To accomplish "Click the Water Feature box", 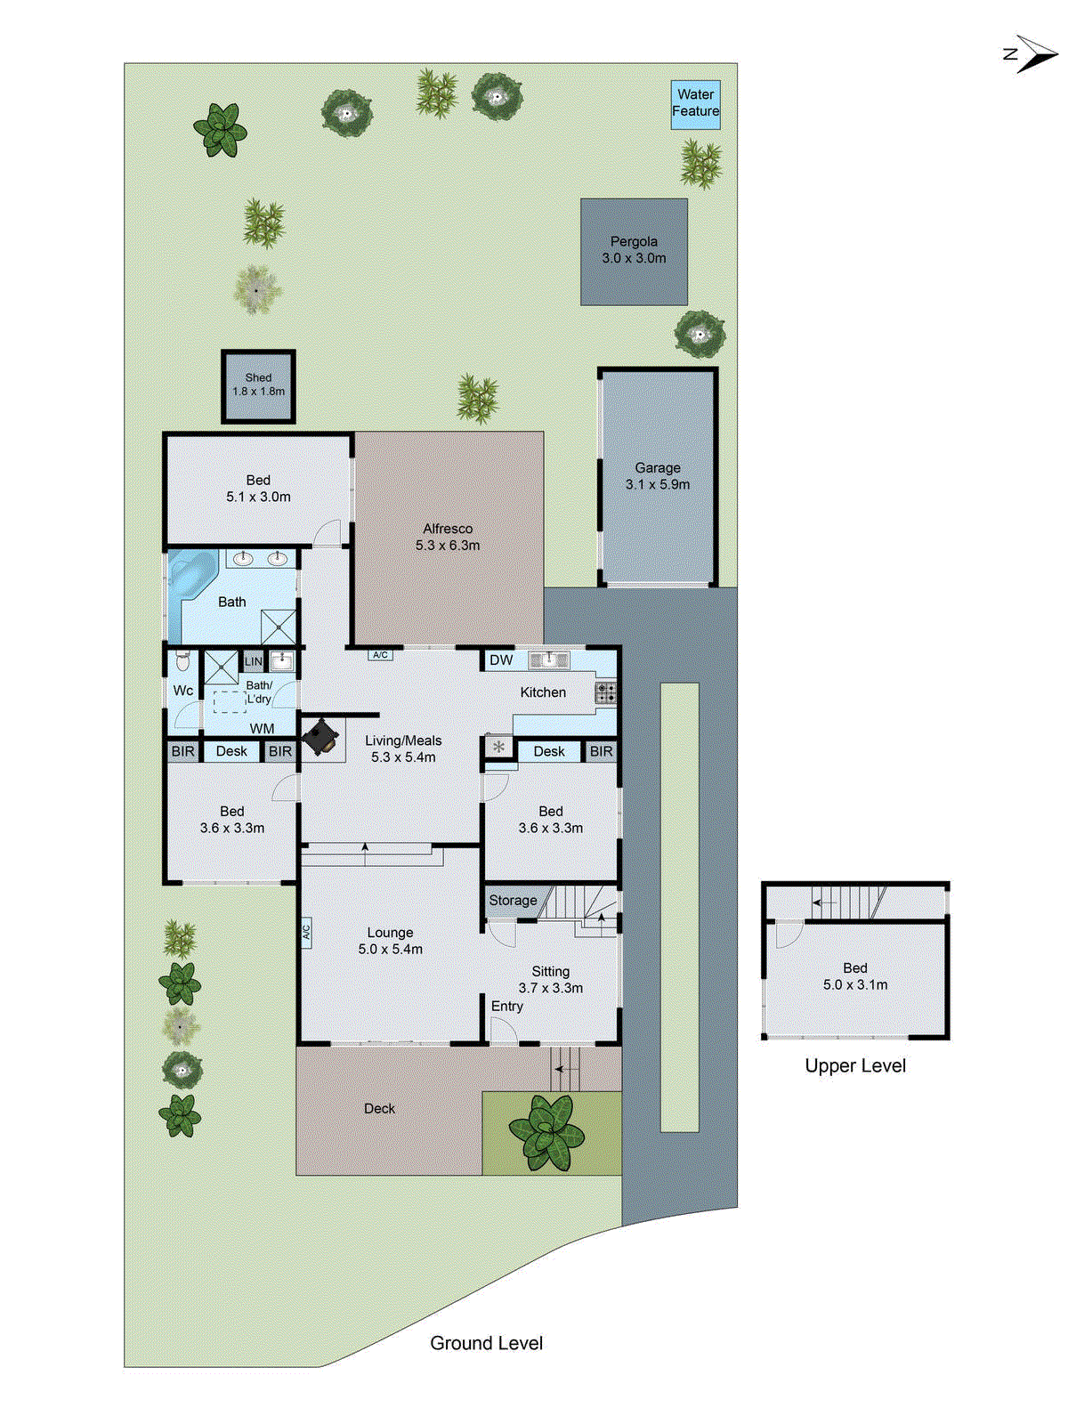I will pos(695,104).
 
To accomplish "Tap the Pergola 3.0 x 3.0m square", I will pos(634,251).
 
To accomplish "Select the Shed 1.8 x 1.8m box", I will pos(258,385).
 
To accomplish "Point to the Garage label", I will pos(658,468).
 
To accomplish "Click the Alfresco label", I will pos(448,529).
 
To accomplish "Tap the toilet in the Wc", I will pos(183,661).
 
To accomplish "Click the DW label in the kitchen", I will pos(501,660).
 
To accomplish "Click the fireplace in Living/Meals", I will pos(320,738).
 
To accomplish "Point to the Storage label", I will pos(513,901).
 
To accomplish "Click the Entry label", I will pos(507,1006).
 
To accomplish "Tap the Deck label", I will pos(379,1109).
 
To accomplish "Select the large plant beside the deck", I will pos(546,1130).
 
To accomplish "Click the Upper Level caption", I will pos(855,1066).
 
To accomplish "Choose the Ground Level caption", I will pos(486,1344).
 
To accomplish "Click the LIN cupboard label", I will pos(254,661).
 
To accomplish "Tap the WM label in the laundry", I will pos(262,729).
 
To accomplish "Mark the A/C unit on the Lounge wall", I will pos(306,933).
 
